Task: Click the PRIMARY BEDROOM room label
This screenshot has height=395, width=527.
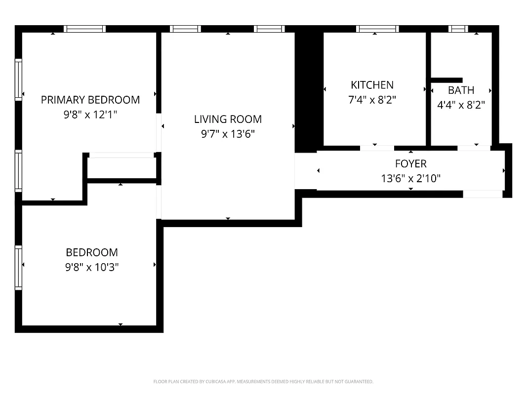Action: click(x=90, y=100)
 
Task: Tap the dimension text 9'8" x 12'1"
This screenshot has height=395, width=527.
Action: click(x=90, y=115)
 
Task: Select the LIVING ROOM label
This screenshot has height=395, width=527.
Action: click(x=228, y=119)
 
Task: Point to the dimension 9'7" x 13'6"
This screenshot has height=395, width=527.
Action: click(x=228, y=134)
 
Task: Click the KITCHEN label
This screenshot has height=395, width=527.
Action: click(x=372, y=85)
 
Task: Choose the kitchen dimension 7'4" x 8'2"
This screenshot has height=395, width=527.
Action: click(x=372, y=100)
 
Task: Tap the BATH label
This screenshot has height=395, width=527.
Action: click(x=461, y=90)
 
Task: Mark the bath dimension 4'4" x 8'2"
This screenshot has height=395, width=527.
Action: click(x=461, y=105)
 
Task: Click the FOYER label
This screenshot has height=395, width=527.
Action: click(x=410, y=163)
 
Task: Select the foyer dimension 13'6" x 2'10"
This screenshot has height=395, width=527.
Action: click(x=410, y=178)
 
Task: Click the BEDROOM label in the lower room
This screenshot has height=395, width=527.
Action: click(x=92, y=252)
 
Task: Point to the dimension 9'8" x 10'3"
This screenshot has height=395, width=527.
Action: click(x=92, y=267)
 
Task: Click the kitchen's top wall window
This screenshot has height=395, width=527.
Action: click(x=377, y=29)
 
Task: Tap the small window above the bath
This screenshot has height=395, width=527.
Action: click(x=458, y=29)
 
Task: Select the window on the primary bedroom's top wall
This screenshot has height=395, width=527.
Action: click(x=85, y=29)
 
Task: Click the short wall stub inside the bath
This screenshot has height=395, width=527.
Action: click(x=447, y=80)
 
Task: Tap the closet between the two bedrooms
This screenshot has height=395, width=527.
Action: click(x=122, y=168)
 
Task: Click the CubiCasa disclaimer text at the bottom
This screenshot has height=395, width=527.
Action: click(x=263, y=382)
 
